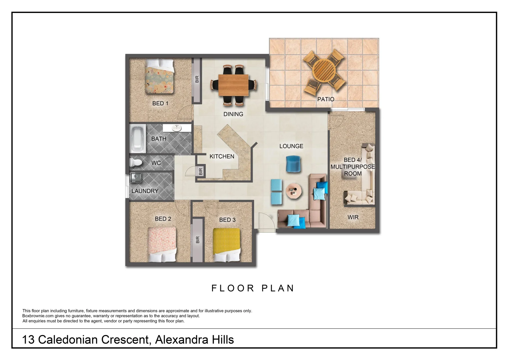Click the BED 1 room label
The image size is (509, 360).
(x=160, y=103)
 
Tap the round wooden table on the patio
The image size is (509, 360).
(x=324, y=70)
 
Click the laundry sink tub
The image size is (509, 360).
(x=136, y=177)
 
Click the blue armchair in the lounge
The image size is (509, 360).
(x=293, y=164)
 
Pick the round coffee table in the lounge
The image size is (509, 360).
(x=294, y=191)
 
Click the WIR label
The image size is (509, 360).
(x=353, y=217)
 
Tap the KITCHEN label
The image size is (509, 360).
(x=222, y=156)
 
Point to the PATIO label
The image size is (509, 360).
(x=326, y=99)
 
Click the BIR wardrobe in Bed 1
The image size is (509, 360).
(x=197, y=80)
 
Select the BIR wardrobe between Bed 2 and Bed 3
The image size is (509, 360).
(x=197, y=240)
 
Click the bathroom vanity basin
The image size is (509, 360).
(x=177, y=128)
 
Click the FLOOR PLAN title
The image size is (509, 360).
(x=253, y=288)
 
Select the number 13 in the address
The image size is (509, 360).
(x=28, y=340)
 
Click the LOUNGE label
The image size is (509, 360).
(x=291, y=146)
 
